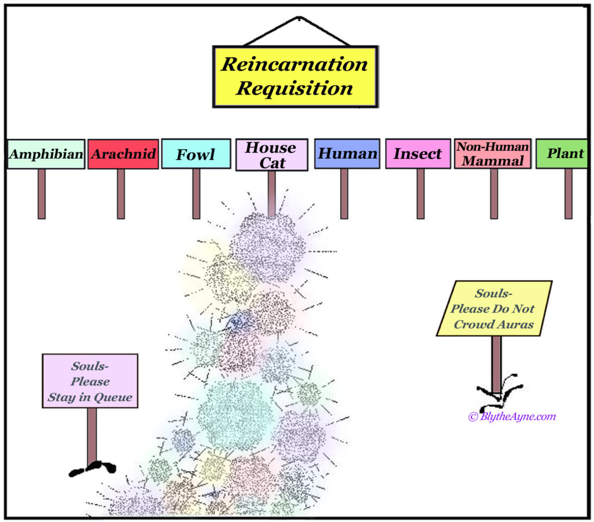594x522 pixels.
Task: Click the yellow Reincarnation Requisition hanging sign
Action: pos(295,76)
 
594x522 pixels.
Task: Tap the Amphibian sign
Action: pos(46,154)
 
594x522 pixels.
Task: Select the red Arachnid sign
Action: pos(123,154)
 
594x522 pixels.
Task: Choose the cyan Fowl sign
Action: pos(195,154)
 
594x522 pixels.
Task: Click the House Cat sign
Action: pos(271,155)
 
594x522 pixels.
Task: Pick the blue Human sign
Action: pos(347,154)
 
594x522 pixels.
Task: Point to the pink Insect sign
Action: pos(418,154)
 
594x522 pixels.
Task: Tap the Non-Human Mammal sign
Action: pos(492,154)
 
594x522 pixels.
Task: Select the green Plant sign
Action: pos(562,154)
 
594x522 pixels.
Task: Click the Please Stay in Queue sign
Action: pos(90,381)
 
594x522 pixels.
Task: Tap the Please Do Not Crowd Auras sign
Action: pos(494,309)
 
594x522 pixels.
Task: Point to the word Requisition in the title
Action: pos(295,89)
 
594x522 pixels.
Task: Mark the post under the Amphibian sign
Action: pos(42,194)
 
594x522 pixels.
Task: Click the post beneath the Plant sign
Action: pos(568,194)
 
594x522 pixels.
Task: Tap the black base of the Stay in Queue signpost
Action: pos(92,468)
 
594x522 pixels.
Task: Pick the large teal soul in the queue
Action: pos(236,415)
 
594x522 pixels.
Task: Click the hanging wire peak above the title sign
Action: pos(296,17)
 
